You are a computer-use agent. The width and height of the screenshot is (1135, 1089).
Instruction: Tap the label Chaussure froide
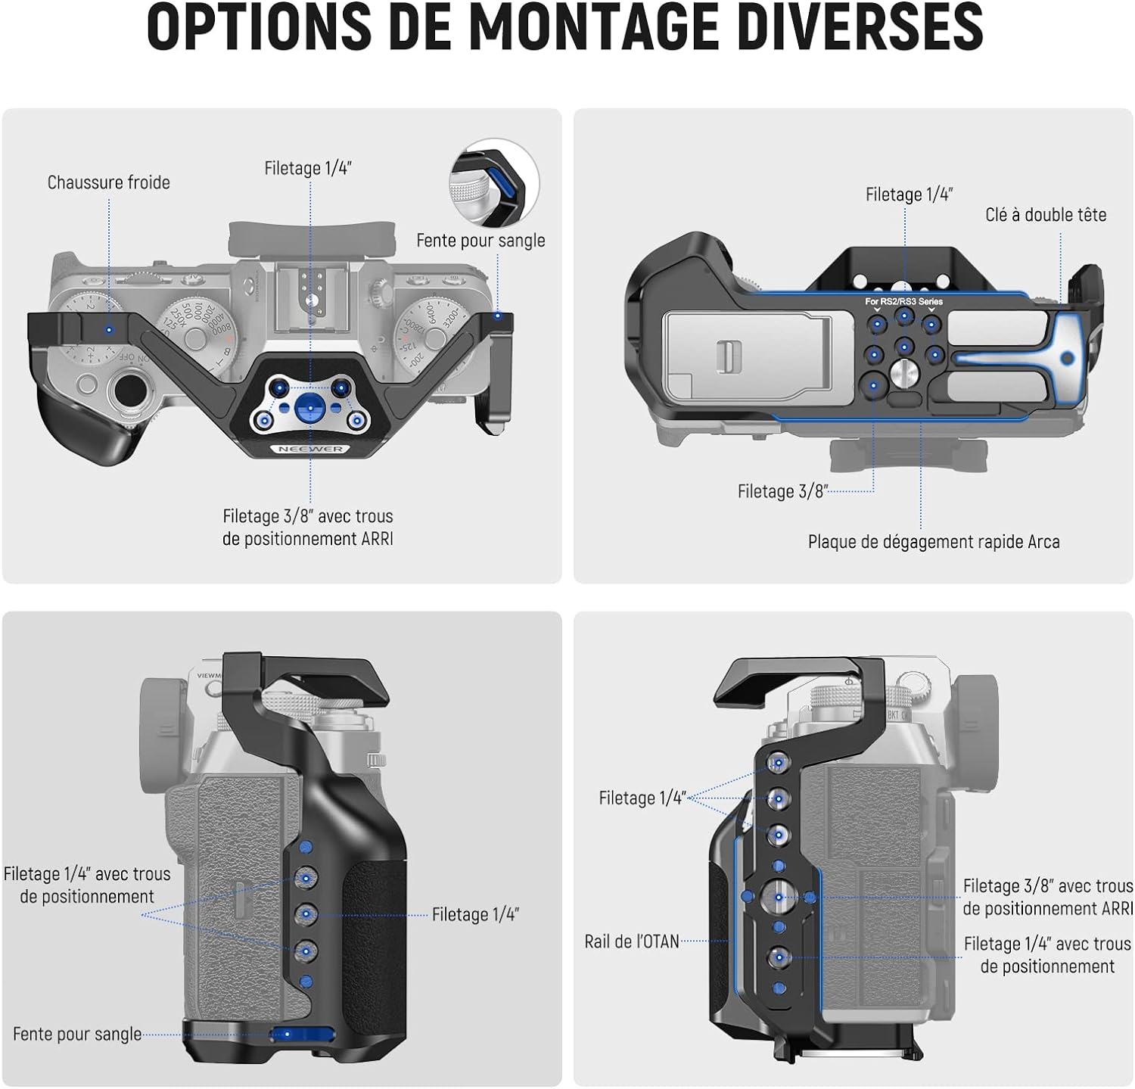click(109, 182)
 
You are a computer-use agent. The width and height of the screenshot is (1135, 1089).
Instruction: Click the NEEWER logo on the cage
click(310, 449)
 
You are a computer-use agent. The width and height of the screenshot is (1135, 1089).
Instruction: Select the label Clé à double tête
click(1046, 215)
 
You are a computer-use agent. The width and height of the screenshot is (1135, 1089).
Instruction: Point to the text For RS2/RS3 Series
click(904, 301)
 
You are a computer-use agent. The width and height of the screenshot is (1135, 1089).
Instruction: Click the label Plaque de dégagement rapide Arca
click(934, 542)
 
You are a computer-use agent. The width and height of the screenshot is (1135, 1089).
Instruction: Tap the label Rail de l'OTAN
click(632, 941)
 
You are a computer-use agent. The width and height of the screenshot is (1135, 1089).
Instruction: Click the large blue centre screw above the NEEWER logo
click(309, 407)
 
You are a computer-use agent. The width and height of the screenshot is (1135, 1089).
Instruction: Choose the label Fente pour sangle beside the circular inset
click(480, 241)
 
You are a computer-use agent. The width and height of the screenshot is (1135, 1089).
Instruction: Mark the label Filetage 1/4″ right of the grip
click(476, 915)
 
